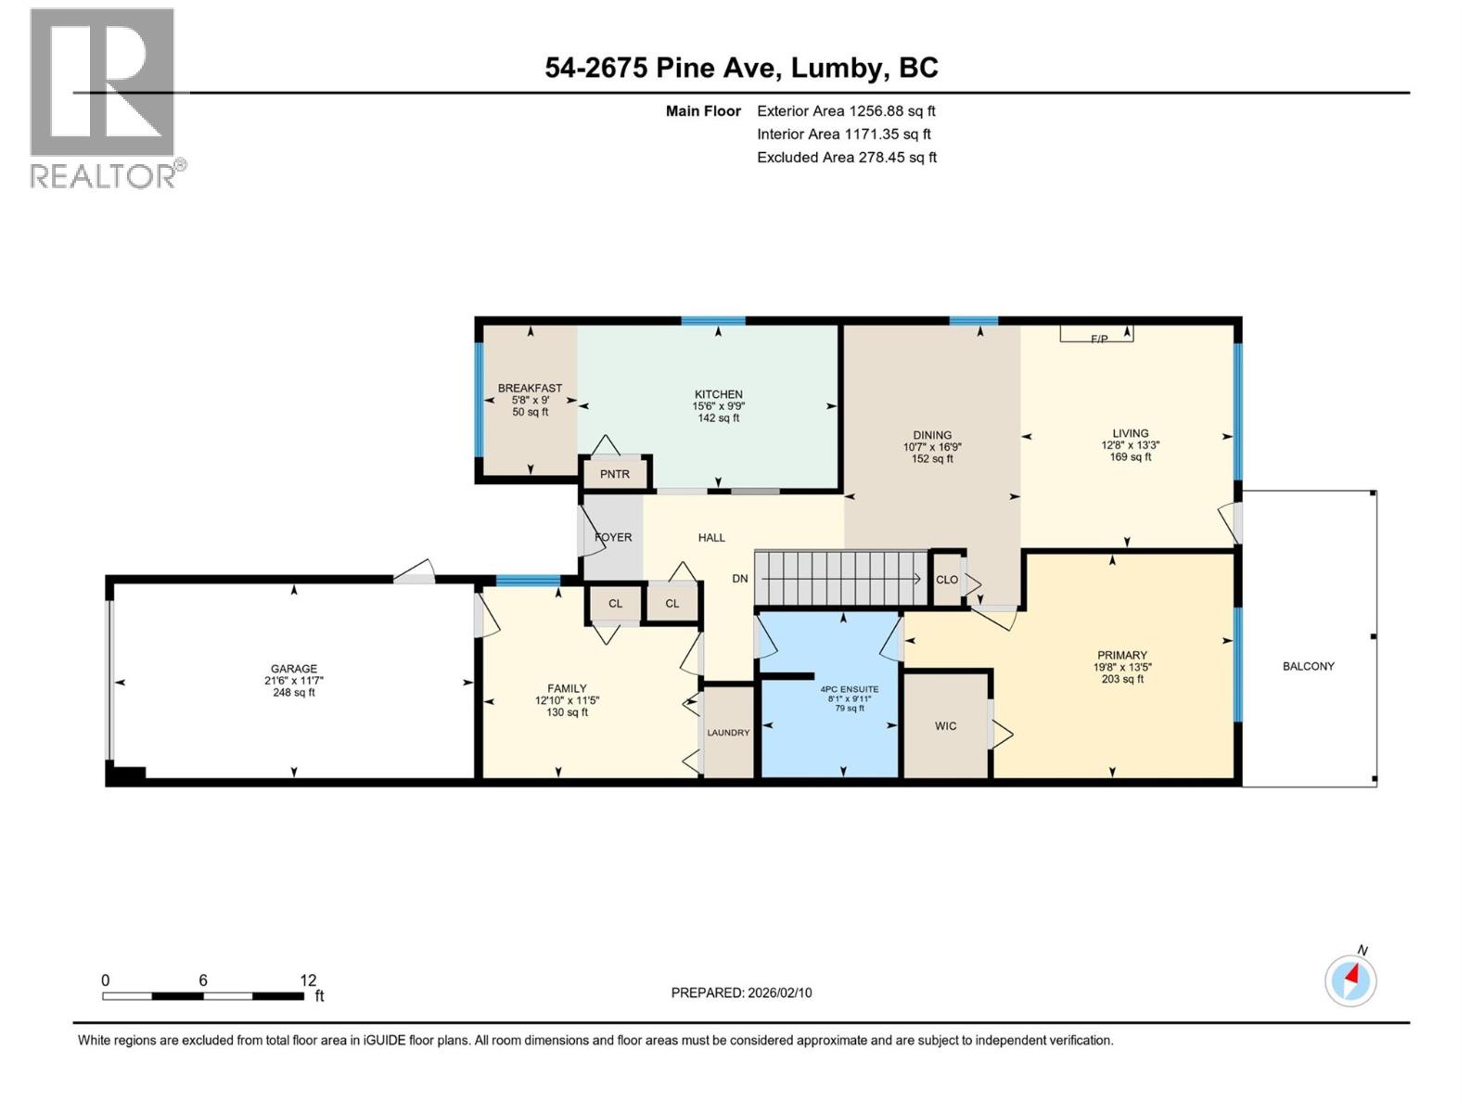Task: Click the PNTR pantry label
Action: point(614,474)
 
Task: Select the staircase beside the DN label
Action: point(840,578)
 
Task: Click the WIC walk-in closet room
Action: point(945,725)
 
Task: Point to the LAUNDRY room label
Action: point(728,733)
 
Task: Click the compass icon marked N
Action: point(1350,980)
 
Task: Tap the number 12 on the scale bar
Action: point(308,980)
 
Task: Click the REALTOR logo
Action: point(104,97)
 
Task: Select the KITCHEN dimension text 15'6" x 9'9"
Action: point(718,406)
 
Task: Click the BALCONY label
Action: point(1308,666)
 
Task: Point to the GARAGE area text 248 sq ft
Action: point(294,693)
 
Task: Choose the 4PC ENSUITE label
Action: point(849,689)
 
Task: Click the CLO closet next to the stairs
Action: point(946,580)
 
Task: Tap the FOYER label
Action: point(613,537)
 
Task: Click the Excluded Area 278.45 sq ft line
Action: point(846,158)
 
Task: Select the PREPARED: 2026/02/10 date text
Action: point(741,992)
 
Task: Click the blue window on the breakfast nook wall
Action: point(480,401)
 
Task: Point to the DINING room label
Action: point(932,435)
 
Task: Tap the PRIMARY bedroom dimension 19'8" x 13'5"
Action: point(1121,667)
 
